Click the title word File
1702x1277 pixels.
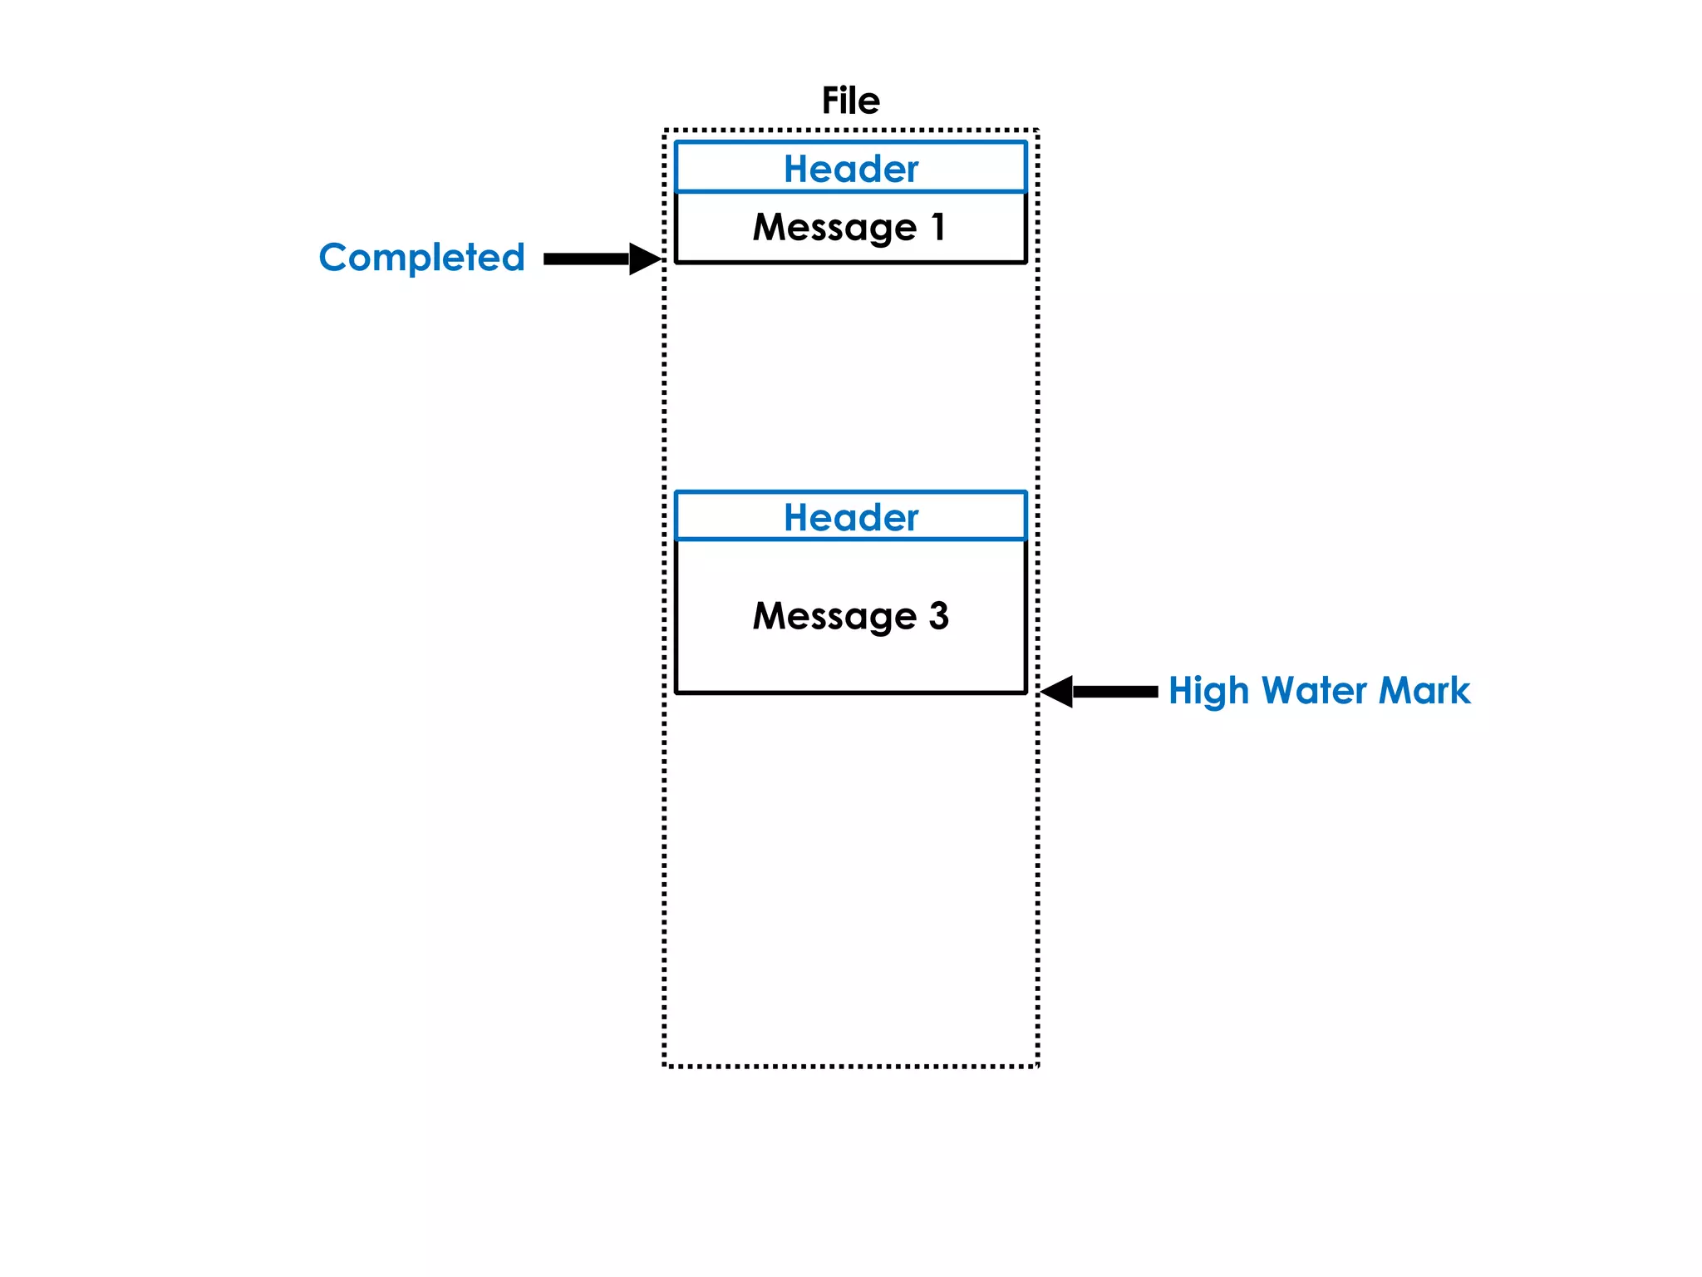[850, 101]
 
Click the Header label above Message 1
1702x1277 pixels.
[850, 169]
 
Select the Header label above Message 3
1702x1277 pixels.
[850, 517]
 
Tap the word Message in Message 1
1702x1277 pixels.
[834, 228]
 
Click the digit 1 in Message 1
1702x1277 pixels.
[938, 226]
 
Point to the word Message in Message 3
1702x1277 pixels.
[834, 617]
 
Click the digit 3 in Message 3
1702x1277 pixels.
[938, 616]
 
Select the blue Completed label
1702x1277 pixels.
[421, 258]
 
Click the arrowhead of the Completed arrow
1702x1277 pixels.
[644, 259]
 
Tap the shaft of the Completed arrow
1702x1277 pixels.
[585, 259]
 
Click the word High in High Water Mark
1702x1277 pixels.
[1208, 691]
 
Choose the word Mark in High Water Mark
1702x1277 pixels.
[1424, 691]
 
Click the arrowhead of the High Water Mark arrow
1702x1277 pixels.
[1057, 691]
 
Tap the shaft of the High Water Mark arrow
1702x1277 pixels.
[1115, 691]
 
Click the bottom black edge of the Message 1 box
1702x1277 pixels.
[850, 262]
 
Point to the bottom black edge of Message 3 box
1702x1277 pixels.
[850, 692]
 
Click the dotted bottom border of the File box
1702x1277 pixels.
[850, 1066]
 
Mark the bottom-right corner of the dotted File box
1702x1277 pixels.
[1037, 1065]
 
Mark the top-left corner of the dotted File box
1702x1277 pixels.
[665, 131]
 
